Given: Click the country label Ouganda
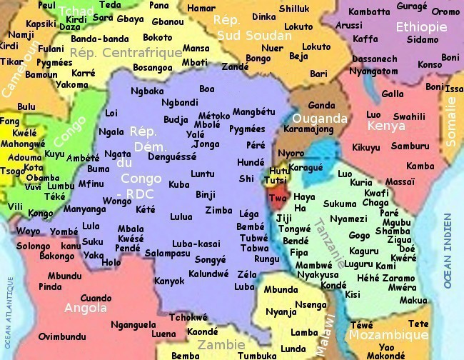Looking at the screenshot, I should point(323,119).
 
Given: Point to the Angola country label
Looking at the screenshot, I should point(86,308).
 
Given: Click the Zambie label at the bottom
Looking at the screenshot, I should point(221,344).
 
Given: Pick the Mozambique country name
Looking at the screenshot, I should point(388,335).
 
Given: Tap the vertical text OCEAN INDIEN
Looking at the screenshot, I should point(448,250).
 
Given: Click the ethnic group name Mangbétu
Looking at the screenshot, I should point(253,112).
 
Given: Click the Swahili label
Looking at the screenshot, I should point(409,116).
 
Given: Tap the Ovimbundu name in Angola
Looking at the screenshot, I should point(63,336).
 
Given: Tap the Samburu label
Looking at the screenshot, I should point(410,145).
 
